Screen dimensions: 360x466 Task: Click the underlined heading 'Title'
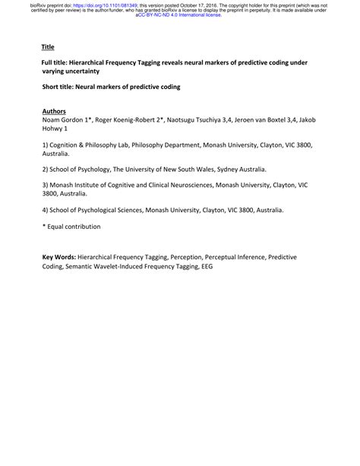pos(48,47)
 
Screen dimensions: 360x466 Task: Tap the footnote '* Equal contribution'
pos(71,227)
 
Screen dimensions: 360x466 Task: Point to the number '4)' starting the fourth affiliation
pos(46,209)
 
